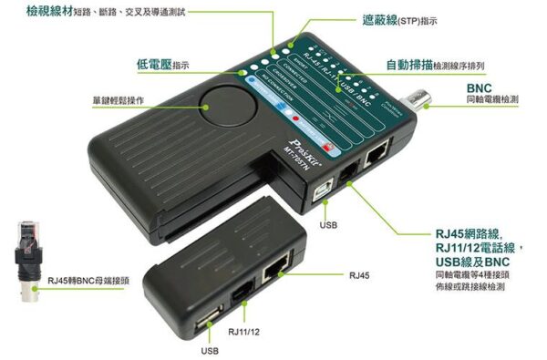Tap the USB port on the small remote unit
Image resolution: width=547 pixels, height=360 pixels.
205,320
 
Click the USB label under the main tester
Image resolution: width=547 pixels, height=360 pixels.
331,223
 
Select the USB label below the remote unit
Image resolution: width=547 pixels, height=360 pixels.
209,350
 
